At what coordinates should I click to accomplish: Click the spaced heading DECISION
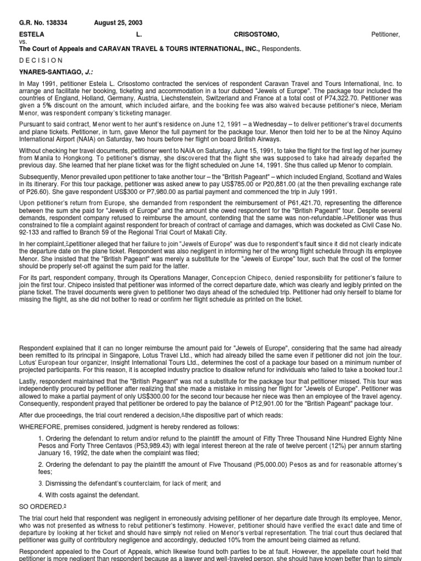click(x=41, y=60)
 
